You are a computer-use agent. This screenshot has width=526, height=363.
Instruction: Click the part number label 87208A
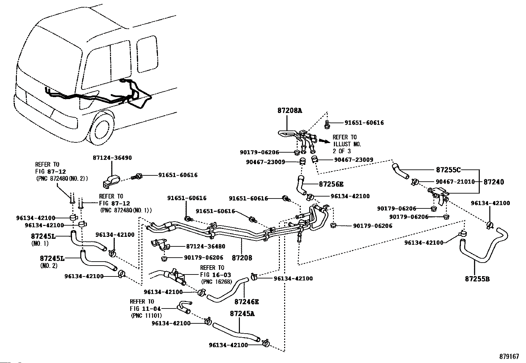click(290, 110)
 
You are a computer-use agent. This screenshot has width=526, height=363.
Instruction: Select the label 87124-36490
click(112, 158)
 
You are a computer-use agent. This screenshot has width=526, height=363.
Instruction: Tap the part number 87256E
click(331, 184)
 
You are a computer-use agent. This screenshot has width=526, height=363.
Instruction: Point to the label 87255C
click(448, 170)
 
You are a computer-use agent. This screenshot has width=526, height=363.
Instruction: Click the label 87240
click(494, 182)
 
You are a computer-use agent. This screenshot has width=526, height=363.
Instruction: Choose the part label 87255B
click(477, 279)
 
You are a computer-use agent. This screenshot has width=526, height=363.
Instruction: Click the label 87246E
click(246, 302)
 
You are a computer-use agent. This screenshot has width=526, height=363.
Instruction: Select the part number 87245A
click(242, 314)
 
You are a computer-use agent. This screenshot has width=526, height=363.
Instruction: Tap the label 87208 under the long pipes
click(242, 258)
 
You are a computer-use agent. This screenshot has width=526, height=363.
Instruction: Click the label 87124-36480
click(206, 246)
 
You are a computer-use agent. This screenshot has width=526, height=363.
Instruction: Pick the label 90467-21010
click(455, 182)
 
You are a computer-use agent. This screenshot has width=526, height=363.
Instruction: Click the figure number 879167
click(509, 357)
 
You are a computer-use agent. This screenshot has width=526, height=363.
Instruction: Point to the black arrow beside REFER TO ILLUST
click(324, 141)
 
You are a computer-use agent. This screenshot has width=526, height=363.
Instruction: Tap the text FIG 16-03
click(215, 275)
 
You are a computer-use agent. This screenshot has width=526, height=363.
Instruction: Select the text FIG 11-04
click(145, 309)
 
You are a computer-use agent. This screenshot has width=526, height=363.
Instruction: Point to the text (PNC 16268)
click(216, 281)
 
